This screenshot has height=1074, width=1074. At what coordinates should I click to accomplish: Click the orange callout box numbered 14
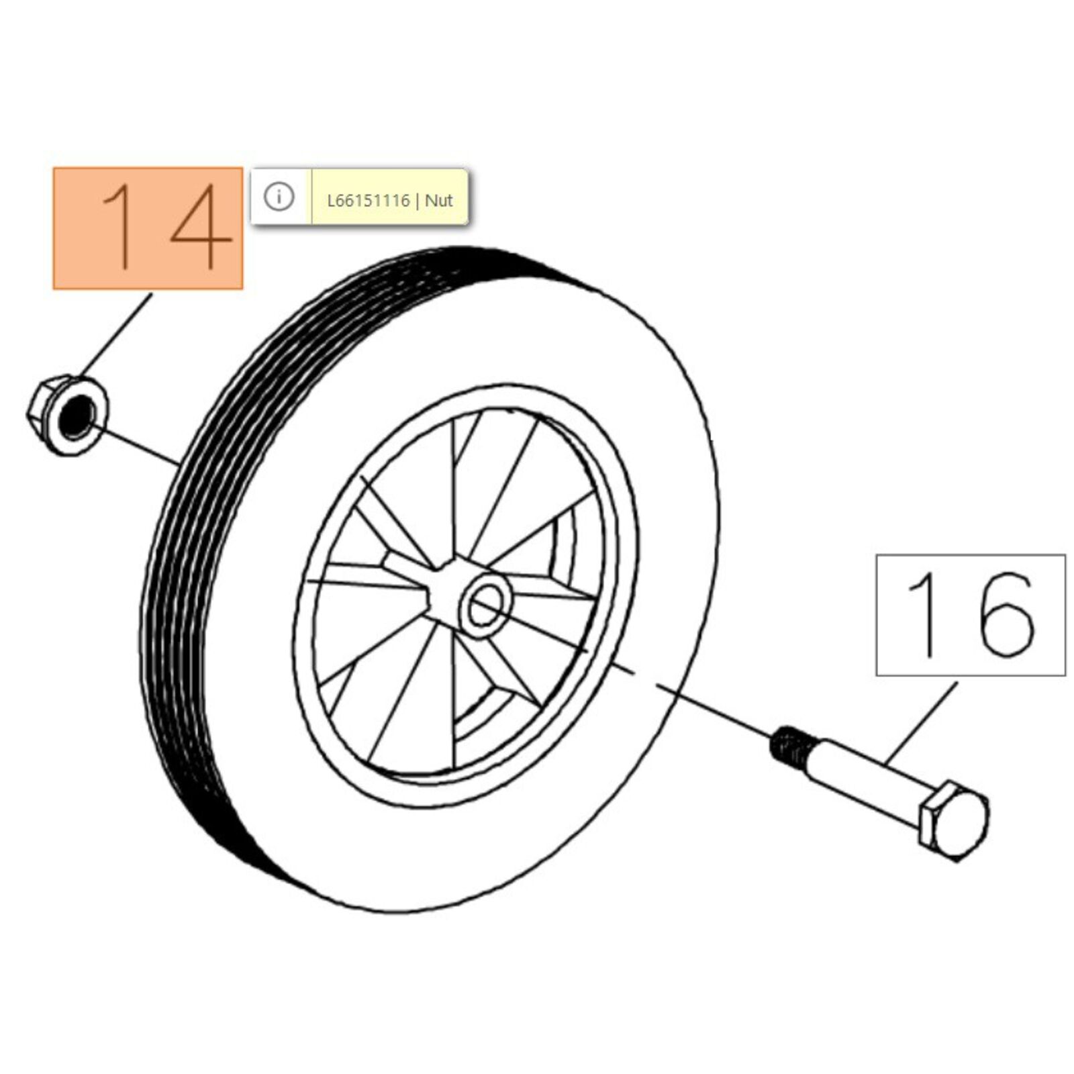(148, 228)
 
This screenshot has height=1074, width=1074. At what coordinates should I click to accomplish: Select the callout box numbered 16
(971, 614)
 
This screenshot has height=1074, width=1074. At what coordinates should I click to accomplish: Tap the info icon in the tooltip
(279, 197)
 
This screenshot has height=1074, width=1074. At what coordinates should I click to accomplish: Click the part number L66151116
(368, 201)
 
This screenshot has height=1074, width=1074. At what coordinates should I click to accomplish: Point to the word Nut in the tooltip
(439, 201)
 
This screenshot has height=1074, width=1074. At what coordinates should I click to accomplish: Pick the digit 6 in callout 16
(1005, 614)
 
